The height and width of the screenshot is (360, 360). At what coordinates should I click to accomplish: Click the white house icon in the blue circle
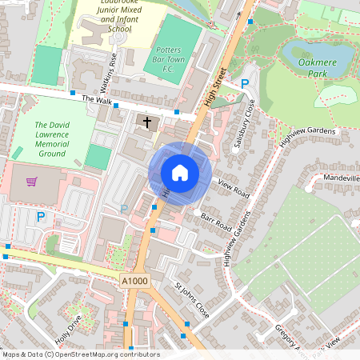click(x=180, y=173)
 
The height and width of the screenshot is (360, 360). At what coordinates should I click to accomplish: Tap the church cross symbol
click(x=147, y=122)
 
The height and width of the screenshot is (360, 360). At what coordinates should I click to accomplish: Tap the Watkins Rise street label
click(x=114, y=70)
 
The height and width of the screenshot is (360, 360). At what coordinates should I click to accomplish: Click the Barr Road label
click(x=221, y=218)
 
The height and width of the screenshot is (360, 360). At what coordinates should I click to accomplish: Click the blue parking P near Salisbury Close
click(x=245, y=84)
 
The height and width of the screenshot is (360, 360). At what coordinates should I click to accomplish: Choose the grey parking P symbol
click(x=123, y=209)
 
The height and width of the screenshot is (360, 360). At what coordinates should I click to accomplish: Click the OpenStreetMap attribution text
click(x=80, y=354)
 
